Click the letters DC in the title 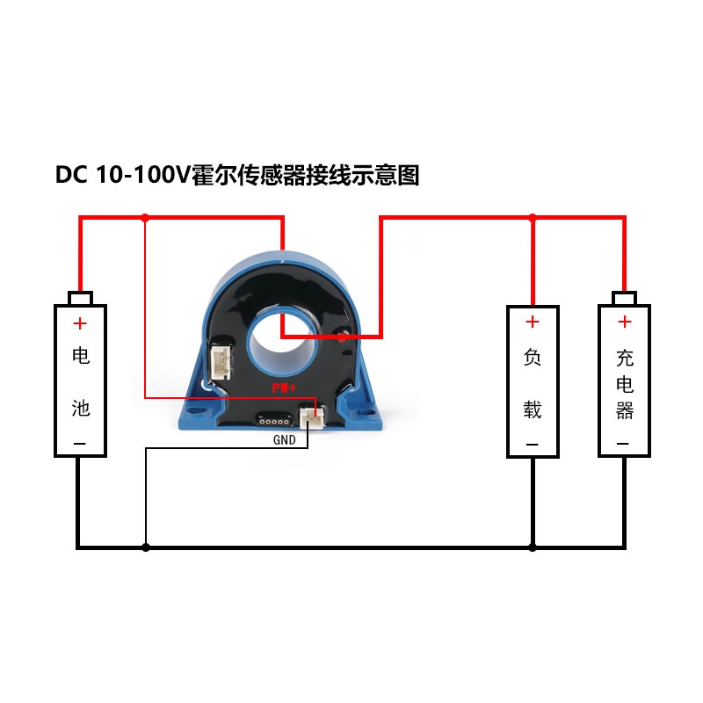(71, 176)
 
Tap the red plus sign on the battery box (80, 323)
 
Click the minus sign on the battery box (80, 444)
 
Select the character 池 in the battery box (80, 409)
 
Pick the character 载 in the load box (533, 409)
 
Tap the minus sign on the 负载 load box (533, 444)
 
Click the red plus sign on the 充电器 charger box (624, 323)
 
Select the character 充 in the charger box (624, 358)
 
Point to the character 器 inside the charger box (624, 410)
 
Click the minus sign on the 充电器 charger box (624, 444)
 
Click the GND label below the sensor (285, 439)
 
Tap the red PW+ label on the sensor (282, 388)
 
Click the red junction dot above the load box (533, 217)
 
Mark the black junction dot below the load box (533, 547)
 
